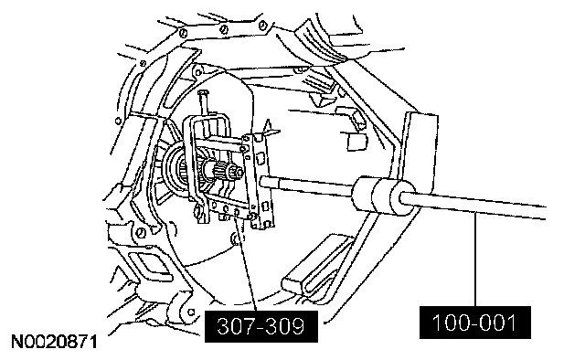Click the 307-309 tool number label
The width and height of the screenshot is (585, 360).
point(261,326)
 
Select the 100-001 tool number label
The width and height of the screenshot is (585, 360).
point(475,323)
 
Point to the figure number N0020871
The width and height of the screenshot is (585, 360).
point(55,342)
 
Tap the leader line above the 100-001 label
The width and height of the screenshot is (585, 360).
point(475,260)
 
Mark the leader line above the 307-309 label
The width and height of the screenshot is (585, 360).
point(247,264)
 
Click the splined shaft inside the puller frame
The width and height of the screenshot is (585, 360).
point(221,171)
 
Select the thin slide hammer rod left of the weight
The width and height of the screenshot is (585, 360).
point(307,185)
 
